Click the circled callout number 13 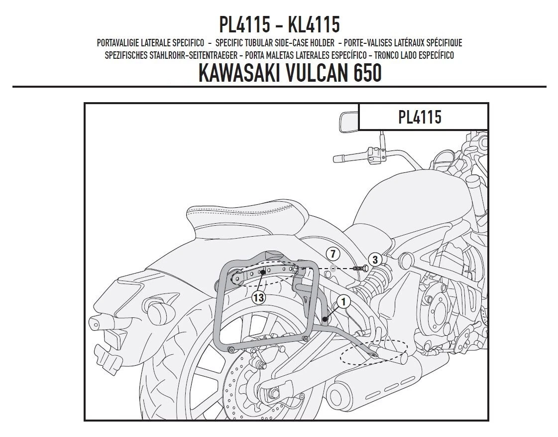point(258,297)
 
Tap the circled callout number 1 point(343,302)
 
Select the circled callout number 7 point(333,254)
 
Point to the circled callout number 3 point(375,259)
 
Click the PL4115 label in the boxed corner point(420,117)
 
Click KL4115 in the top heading point(314,24)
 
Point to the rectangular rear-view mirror point(349,122)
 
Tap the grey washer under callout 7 point(333,268)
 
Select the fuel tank point(416,199)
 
